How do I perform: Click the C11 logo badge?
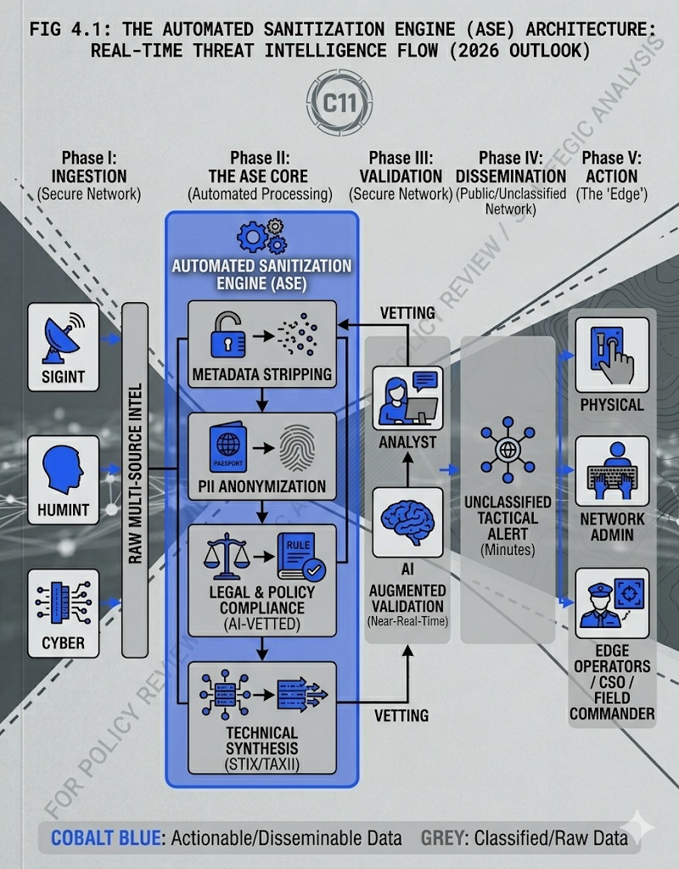click(x=339, y=104)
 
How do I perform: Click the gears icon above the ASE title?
click(x=261, y=235)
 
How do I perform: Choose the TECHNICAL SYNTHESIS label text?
click(x=262, y=740)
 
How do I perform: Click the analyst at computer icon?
click(x=407, y=397)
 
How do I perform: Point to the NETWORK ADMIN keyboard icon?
click(x=612, y=471)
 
